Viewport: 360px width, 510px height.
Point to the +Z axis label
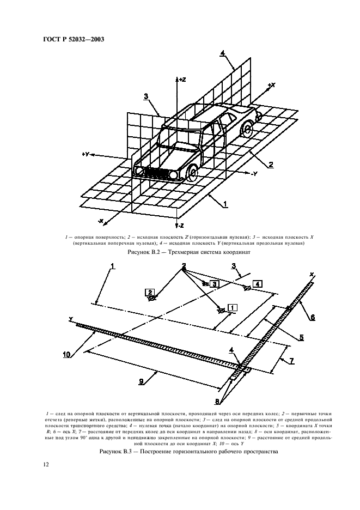pos(181,80)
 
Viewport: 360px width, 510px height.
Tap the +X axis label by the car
pos(271,86)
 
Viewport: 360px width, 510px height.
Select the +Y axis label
pos(86,155)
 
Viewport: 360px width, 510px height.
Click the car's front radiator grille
pos(157,173)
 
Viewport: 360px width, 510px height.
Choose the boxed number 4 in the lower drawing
pos(258,283)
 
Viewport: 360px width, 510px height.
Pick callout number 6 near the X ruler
pos(312,317)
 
